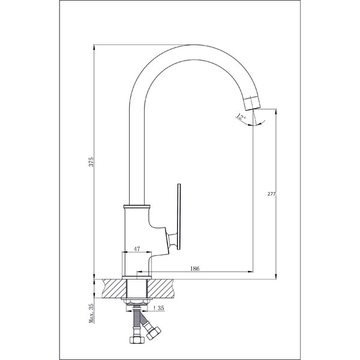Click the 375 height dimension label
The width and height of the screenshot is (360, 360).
coord(91,162)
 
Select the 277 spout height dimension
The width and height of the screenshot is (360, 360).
coord(271,194)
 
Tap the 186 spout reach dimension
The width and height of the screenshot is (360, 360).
coord(195,268)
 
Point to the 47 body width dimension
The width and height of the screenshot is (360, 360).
coord(137,249)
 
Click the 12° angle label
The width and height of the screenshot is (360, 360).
coord(241,116)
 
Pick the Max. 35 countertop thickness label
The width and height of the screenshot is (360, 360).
coord(91,313)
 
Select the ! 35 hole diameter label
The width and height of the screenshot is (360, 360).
coord(159,308)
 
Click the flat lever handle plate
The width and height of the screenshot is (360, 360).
coord(179,217)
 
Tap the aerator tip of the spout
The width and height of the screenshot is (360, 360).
coord(252,103)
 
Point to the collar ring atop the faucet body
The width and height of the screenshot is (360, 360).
coord(137,206)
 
